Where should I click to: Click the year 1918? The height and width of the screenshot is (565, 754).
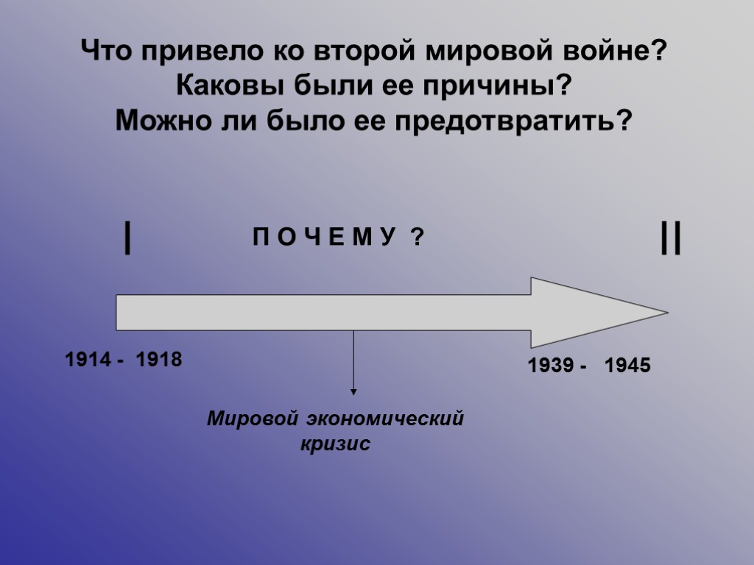158,360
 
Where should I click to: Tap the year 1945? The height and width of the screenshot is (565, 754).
627,366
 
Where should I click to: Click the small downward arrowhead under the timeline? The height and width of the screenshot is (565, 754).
353,391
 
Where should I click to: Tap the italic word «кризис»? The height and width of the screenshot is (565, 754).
335,445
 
